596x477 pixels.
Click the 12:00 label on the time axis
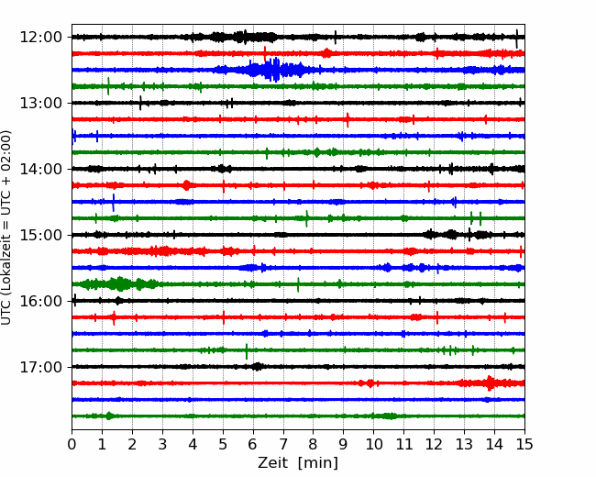click(x=40, y=38)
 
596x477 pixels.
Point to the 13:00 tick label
click(x=40, y=103)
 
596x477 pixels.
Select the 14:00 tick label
click(x=40, y=169)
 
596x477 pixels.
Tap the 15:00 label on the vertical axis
click(x=40, y=235)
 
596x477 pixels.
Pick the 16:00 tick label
click(x=40, y=301)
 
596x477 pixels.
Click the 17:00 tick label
click(x=40, y=367)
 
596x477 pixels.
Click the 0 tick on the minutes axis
click(x=72, y=444)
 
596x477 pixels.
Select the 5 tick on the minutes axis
click(x=223, y=444)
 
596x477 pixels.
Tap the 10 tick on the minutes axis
click(x=373, y=444)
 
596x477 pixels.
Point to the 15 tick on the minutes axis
click(x=524, y=444)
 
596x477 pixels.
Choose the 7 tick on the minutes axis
click(x=283, y=444)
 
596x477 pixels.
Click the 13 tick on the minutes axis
click(x=464, y=444)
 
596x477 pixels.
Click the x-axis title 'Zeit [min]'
click(x=298, y=463)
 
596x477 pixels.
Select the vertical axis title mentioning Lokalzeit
click(x=6, y=227)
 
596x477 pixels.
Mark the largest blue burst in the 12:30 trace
click(x=271, y=70)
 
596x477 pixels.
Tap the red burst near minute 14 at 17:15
click(x=490, y=383)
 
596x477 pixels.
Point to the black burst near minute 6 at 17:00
click(x=258, y=367)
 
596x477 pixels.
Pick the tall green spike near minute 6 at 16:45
click(x=247, y=351)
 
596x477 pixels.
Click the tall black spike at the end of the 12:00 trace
click(x=516, y=39)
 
